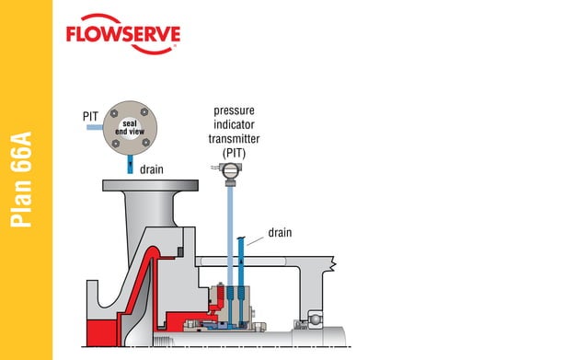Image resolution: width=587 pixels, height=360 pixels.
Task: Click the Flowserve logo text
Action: (x=123, y=35)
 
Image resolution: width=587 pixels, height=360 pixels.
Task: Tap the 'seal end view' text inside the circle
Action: (x=130, y=128)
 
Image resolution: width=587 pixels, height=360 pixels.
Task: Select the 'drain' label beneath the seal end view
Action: (x=153, y=169)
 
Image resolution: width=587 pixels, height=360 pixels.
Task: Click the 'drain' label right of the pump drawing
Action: (x=280, y=232)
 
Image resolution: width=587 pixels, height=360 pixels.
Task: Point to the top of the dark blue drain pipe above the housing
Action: (x=240, y=241)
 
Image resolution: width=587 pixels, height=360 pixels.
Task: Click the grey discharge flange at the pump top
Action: (x=152, y=186)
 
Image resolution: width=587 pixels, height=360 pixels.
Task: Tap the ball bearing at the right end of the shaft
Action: (x=317, y=319)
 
